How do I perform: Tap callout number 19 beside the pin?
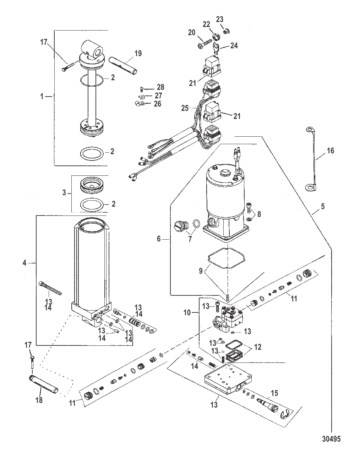138,53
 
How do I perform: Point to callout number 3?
64,193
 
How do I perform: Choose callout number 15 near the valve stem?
274,393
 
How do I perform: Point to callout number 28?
161,87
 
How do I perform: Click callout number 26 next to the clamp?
157,104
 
